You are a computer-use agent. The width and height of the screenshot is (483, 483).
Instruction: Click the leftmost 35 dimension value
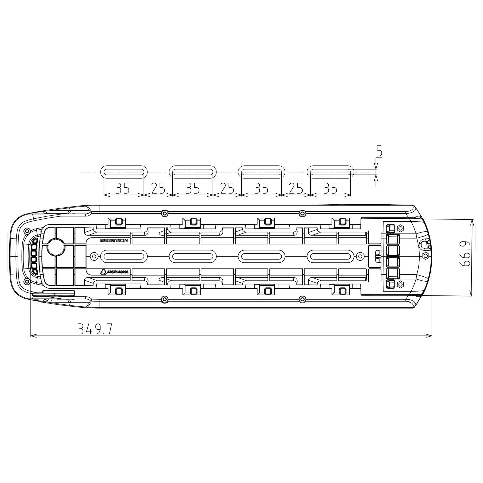[122, 188]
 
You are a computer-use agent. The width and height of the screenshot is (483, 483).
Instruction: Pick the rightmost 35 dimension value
[330, 188]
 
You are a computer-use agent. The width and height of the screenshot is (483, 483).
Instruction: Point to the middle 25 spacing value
[227, 188]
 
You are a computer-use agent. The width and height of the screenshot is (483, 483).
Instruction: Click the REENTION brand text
[114, 241]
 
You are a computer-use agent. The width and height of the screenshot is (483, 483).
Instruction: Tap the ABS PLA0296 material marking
[117, 271]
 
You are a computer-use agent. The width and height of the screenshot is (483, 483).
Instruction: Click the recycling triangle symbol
[103, 271]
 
